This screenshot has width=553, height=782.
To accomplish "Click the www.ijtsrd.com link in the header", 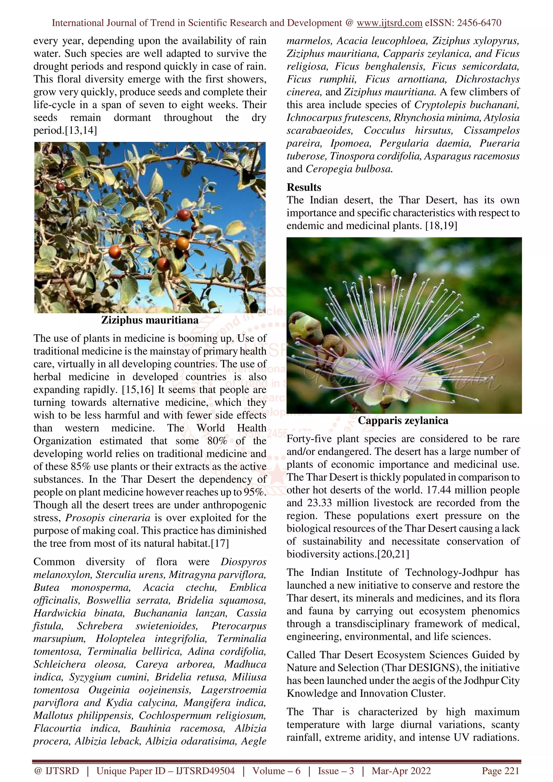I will click(x=389, y=23).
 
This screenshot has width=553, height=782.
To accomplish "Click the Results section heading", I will click(x=304, y=187).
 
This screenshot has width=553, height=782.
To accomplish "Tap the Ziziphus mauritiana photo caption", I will click(x=150, y=320).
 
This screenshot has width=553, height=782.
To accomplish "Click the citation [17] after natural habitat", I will click(x=220, y=543).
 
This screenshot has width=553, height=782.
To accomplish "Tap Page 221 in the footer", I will click(x=500, y=771).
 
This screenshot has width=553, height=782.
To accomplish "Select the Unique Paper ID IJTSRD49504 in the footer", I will click(x=166, y=771).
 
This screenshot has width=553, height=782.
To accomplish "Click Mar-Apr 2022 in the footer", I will click(x=401, y=771).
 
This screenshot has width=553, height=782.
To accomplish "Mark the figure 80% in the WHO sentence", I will click(x=217, y=441).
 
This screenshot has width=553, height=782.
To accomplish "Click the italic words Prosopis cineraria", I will click(x=108, y=518).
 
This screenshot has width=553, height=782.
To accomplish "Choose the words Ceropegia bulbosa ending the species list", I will click(x=349, y=169).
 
